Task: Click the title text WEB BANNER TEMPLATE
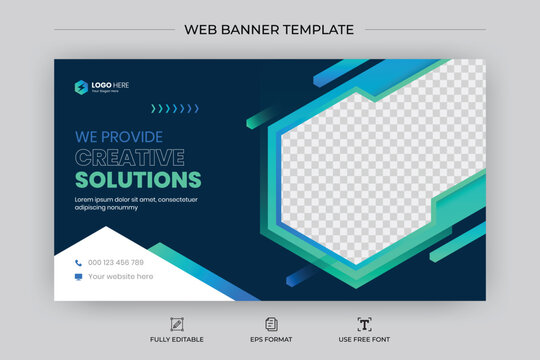click(269, 28)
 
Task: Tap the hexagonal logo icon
click(81, 86)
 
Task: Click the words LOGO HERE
click(111, 84)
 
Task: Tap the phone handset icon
click(78, 263)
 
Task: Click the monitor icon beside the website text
click(78, 276)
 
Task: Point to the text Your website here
click(121, 276)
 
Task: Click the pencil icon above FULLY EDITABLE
click(177, 324)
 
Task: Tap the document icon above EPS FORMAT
click(271, 324)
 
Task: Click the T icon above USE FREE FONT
click(364, 324)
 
